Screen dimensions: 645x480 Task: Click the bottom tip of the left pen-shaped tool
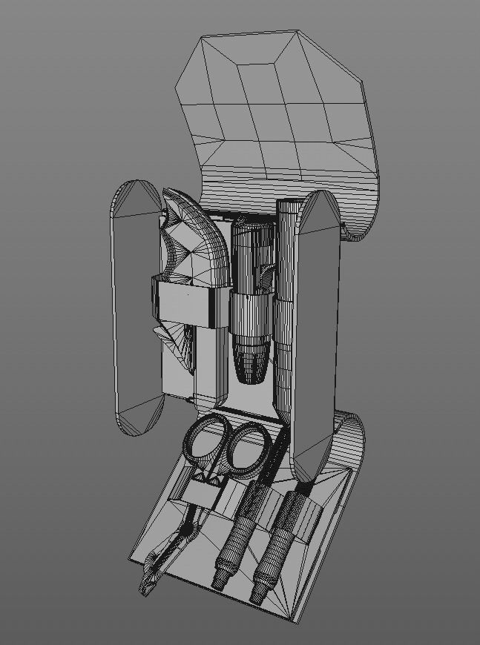point(220,583)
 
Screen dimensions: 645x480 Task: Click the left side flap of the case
point(135,308)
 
